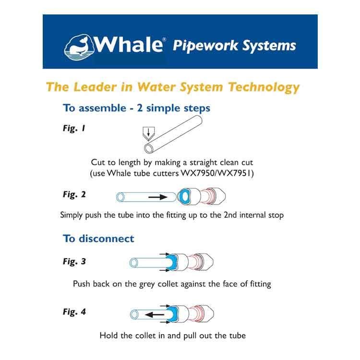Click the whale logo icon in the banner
pos(79,48)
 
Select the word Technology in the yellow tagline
pos(264,87)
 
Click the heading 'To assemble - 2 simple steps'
pos(137,108)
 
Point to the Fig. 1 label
pos(74,128)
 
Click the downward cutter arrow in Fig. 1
pos(148,132)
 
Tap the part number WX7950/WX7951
pos(216,173)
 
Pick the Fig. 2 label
pos(74,194)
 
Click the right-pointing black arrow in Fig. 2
pos(158,197)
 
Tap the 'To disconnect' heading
pos(98,239)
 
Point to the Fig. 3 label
pos(74,261)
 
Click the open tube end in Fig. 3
pos(133,263)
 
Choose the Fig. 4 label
pos(74,312)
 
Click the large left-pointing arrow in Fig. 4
pos(155,314)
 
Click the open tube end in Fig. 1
pos(148,149)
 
